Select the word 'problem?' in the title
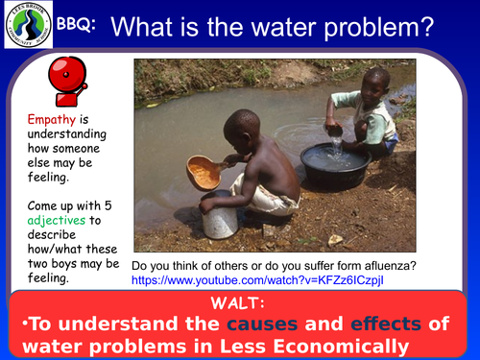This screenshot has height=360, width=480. [394, 30]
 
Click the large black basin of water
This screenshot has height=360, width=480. [334, 164]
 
